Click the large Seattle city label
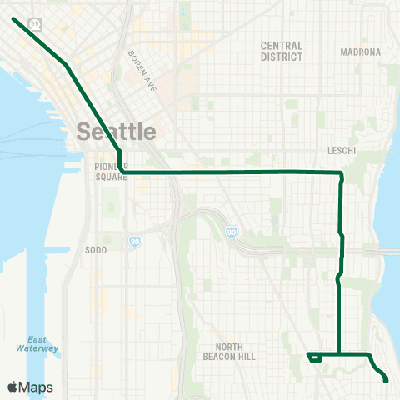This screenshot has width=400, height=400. click(117, 131)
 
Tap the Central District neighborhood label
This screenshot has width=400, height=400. click(281, 52)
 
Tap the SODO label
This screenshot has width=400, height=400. click(97, 249)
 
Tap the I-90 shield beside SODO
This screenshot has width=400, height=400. click(133, 241)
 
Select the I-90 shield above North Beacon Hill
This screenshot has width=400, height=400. click(232, 231)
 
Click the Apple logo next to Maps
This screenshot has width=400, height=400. click(13, 387)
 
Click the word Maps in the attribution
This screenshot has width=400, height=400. click(37, 387)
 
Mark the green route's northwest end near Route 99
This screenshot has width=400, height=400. click(14, 17)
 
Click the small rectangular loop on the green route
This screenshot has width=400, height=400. click(314, 358)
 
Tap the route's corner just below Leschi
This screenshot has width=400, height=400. click(341, 173)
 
